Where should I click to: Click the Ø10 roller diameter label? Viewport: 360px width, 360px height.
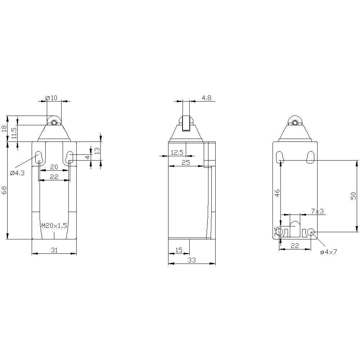tap(51, 98)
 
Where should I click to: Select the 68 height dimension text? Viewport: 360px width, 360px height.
tap(4, 190)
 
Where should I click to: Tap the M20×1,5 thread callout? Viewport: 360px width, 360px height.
tap(54, 226)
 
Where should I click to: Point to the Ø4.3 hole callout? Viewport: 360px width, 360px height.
tap(17, 173)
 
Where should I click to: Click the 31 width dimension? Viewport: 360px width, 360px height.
tap(54, 249)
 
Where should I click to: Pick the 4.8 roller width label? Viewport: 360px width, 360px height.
tap(206, 97)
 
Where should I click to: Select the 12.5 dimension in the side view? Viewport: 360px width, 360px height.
tap(177, 153)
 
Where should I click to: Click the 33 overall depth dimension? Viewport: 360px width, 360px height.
tap(192, 260)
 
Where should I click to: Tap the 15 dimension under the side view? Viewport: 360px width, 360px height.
tap(179, 249)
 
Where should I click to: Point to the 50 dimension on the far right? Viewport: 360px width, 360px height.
tap(354, 196)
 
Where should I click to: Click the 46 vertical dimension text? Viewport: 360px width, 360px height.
tap(277, 193)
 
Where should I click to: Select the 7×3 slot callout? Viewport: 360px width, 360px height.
tap(317, 211)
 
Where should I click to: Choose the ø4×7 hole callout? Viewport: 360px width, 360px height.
tap(328, 252)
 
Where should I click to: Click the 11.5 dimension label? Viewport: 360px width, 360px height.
tap(14, 133)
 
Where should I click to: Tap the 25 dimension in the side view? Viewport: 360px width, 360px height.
tap(186, 163)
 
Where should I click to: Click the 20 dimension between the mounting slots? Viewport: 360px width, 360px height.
tap(54, 167)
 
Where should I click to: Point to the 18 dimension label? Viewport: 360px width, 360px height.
tap(4, 129)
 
